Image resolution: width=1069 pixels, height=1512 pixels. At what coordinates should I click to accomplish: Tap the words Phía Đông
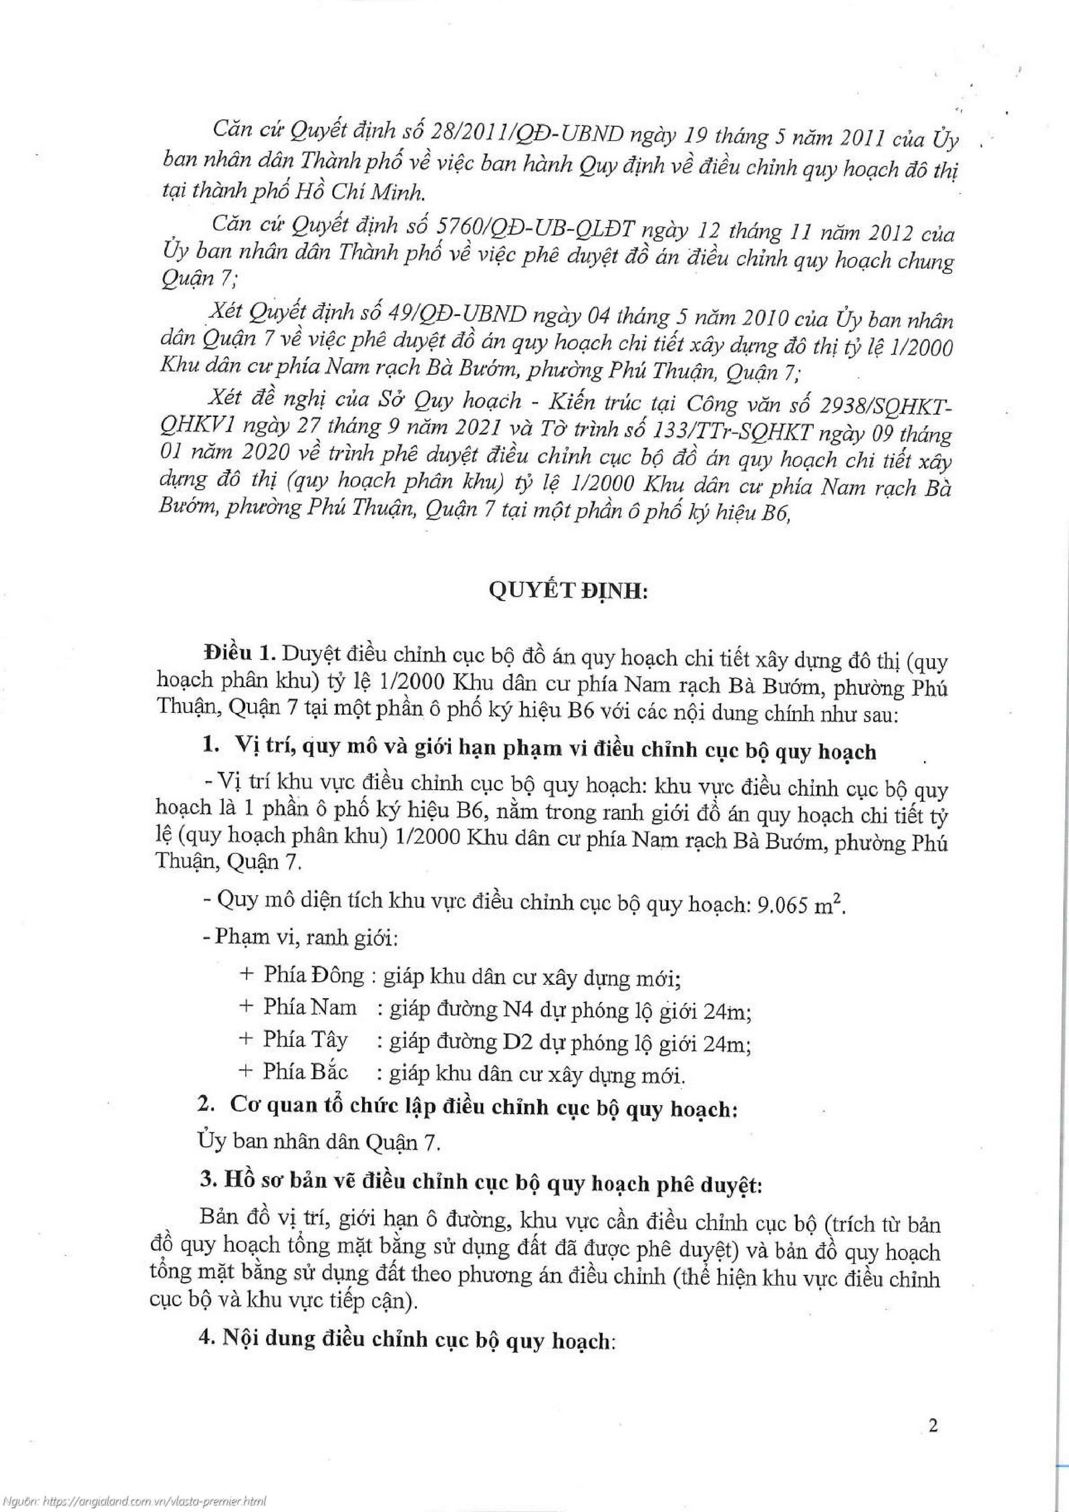[314, 976]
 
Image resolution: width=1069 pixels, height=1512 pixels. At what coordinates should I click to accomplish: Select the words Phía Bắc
[305, 1072]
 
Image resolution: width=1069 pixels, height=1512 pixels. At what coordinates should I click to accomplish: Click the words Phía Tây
[305, 1040]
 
